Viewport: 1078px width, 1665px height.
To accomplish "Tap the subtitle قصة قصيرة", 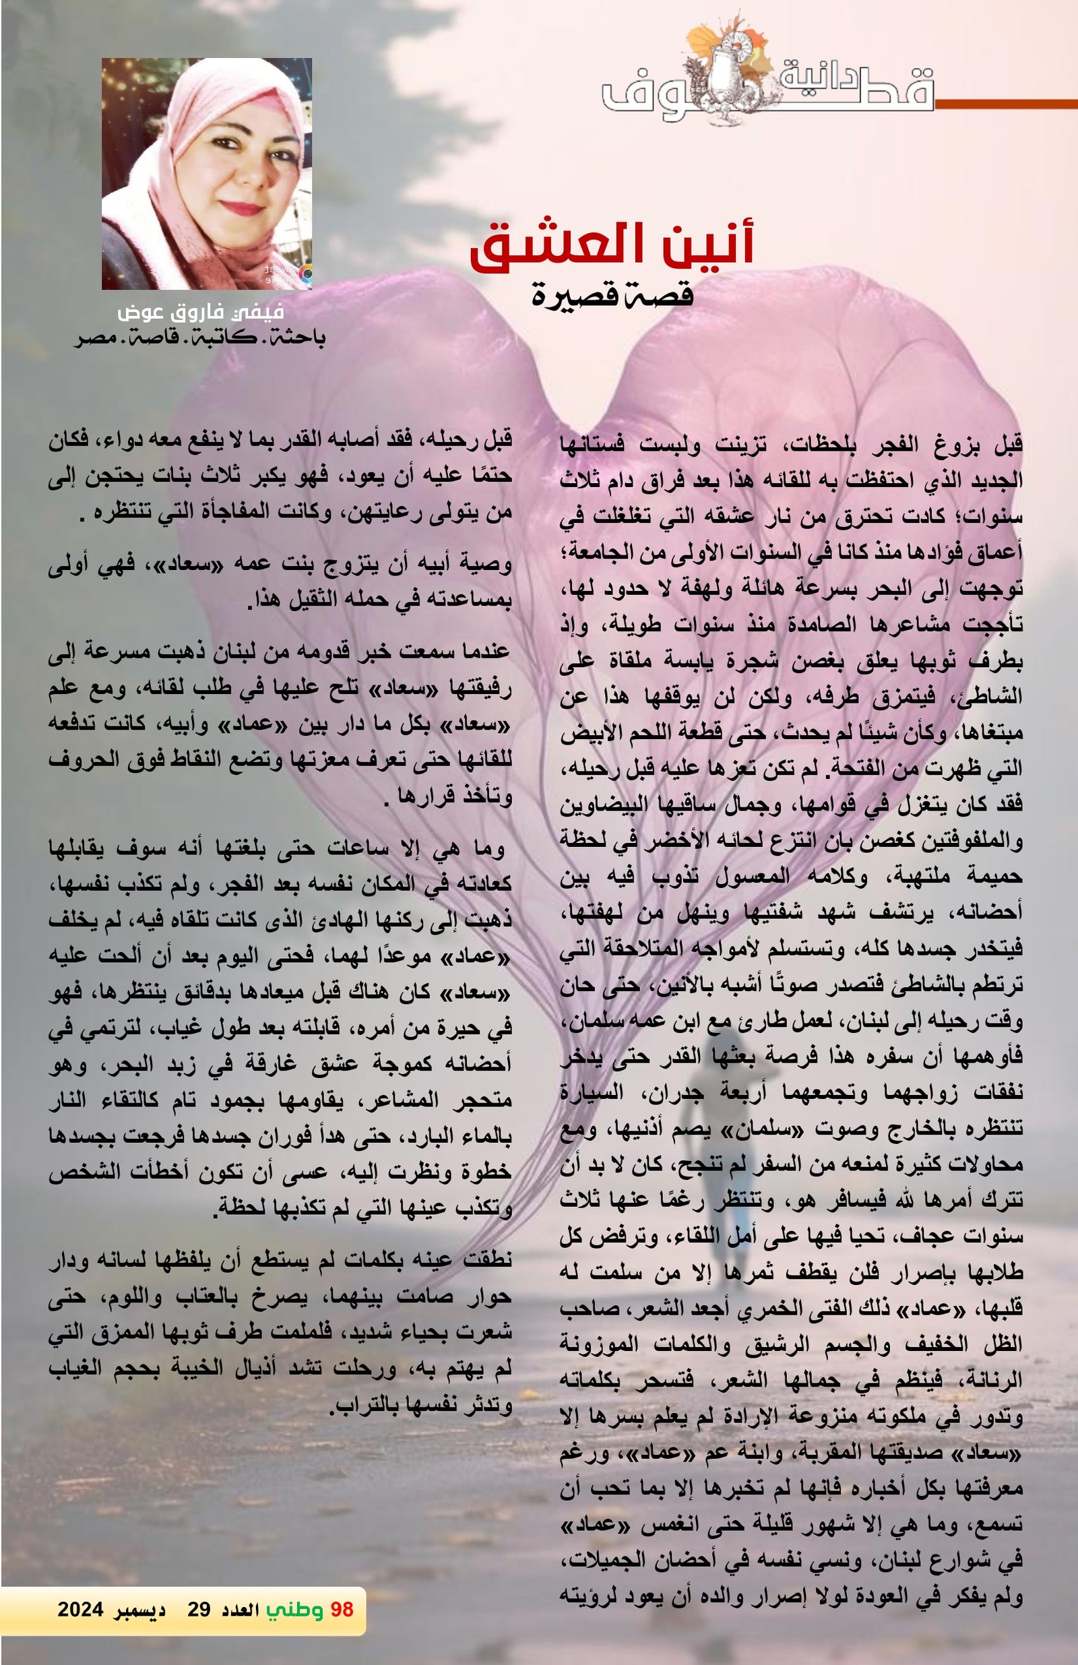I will coord(612,294).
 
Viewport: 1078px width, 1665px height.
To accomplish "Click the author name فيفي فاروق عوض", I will coord(201,313).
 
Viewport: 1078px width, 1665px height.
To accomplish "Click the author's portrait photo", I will coord(206,173).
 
